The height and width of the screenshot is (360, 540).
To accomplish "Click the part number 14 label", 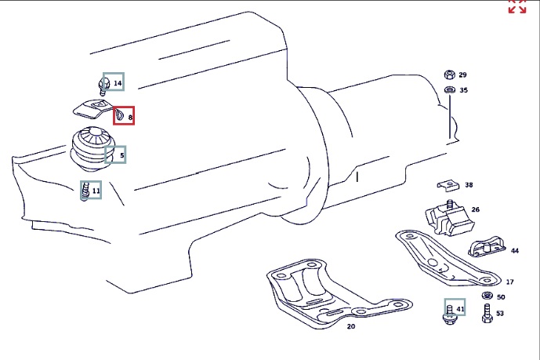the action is pyautogui.click(x=118, y=83).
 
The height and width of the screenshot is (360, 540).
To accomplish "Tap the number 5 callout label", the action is pyautogui.click(x=122, y=155).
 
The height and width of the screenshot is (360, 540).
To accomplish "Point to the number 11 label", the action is pyautogui.click(x=96, y=191).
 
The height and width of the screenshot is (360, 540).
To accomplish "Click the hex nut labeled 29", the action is pyautogui.click(x=449, y=75).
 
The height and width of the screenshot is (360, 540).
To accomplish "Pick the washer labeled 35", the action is pyautogui.click(x=449, y=90).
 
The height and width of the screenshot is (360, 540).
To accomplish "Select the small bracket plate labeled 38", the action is pyautogui.click(x=448, y=185).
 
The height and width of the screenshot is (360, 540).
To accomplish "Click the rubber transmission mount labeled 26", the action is pyautogui.click(x=449, y=218).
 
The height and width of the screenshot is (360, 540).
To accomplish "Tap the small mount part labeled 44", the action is pyautogui.click(x=486, y=246).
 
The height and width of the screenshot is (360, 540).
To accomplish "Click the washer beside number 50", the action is pyautogui.click(x=487, y=296).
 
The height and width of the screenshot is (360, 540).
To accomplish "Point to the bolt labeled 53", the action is pyautogui.click(x=487, y=313).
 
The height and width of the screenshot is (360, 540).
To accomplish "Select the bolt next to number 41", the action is pyautogui.click(x=449, y=315).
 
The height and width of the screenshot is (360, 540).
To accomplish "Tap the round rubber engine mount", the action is pyautogui.click(x=92, y=149).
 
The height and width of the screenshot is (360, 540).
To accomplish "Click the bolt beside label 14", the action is pyautogui.click(x=103, y=86).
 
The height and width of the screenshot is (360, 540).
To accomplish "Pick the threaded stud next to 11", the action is pyautogui.click(x=85, y=191).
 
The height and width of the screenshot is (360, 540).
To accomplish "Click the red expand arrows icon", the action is pyautogui.click(x=517, y=6).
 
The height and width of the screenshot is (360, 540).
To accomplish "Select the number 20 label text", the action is pyautogui.click(x=350, y=326).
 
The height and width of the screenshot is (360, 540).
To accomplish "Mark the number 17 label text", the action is pyautogui.click(x=509, y=282).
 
